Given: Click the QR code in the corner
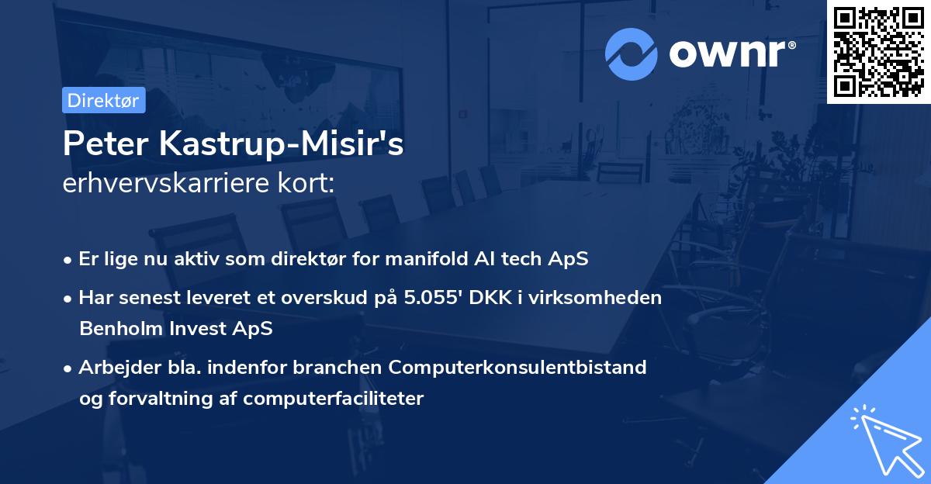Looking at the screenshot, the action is pyautogui.click(x=878, y=52).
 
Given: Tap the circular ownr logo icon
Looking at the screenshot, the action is pyautogui.click(x=631, y=54).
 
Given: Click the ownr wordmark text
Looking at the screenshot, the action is pyautogui.click(x=728, y=54).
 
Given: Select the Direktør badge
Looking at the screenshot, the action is pyautogui.click(x=103, y=100).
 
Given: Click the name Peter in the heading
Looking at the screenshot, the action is pyautogui.click(x=106, y=143).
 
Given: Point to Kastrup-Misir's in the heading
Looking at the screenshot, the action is pyautogui.click(x=282, y=143).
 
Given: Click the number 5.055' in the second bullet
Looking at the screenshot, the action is pyautogui.click(x=433, y=298).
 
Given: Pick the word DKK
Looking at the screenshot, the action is pyautogui.click(x=490, y=298).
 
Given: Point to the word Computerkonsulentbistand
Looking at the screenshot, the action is pyautogui.click(x=517, y=367).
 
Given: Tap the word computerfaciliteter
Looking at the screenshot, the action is pyautogui.click(x=334, y=399).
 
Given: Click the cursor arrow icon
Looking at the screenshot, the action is pyautogui.click(x=888, y=441).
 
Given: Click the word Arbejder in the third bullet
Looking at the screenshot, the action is pyautogui.click(x=119, y=367).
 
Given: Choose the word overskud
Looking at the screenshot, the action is pyautogui.click(x=324, y=298).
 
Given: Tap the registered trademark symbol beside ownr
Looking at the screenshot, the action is pyautogui.click(x=792, y=45).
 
